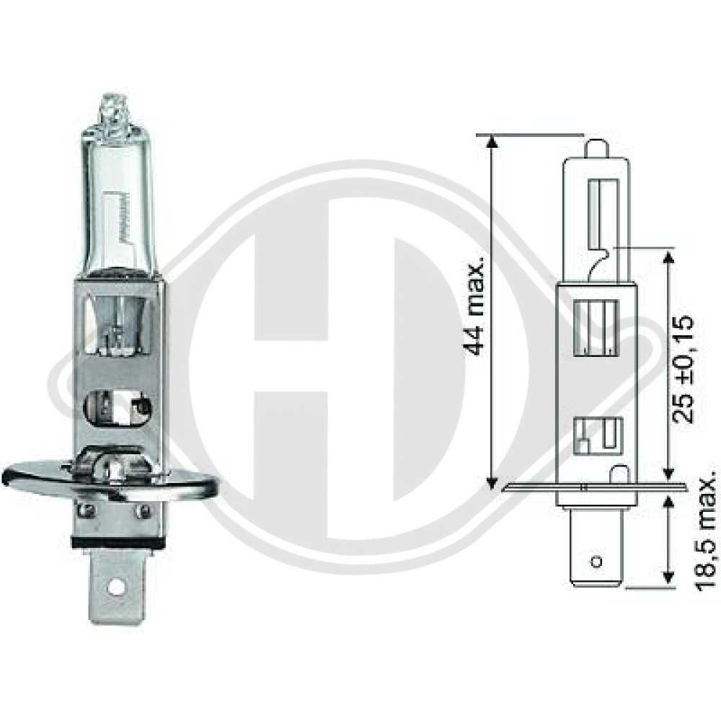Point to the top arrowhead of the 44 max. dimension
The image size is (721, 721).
coord(492,141)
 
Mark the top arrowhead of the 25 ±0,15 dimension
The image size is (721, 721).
coord(668,257)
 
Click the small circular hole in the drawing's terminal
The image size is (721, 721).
coord(596,561)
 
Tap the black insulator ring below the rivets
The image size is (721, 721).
coord(115,541)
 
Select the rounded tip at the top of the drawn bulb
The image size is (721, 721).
coord(596,148)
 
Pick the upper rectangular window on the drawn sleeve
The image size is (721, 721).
coord(596,329)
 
